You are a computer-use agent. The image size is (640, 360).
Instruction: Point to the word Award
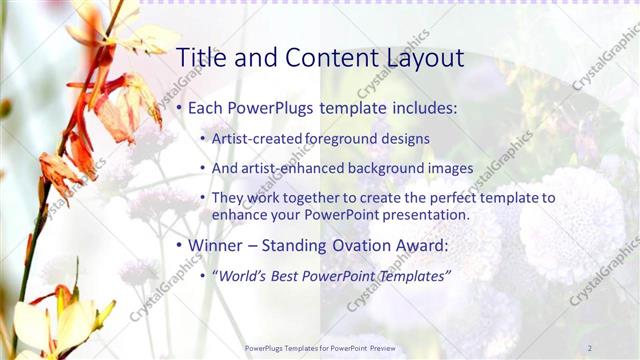(420, 245)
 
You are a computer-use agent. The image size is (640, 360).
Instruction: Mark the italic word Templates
(416, 275)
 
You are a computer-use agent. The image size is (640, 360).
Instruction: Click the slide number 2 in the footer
(590, 347)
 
